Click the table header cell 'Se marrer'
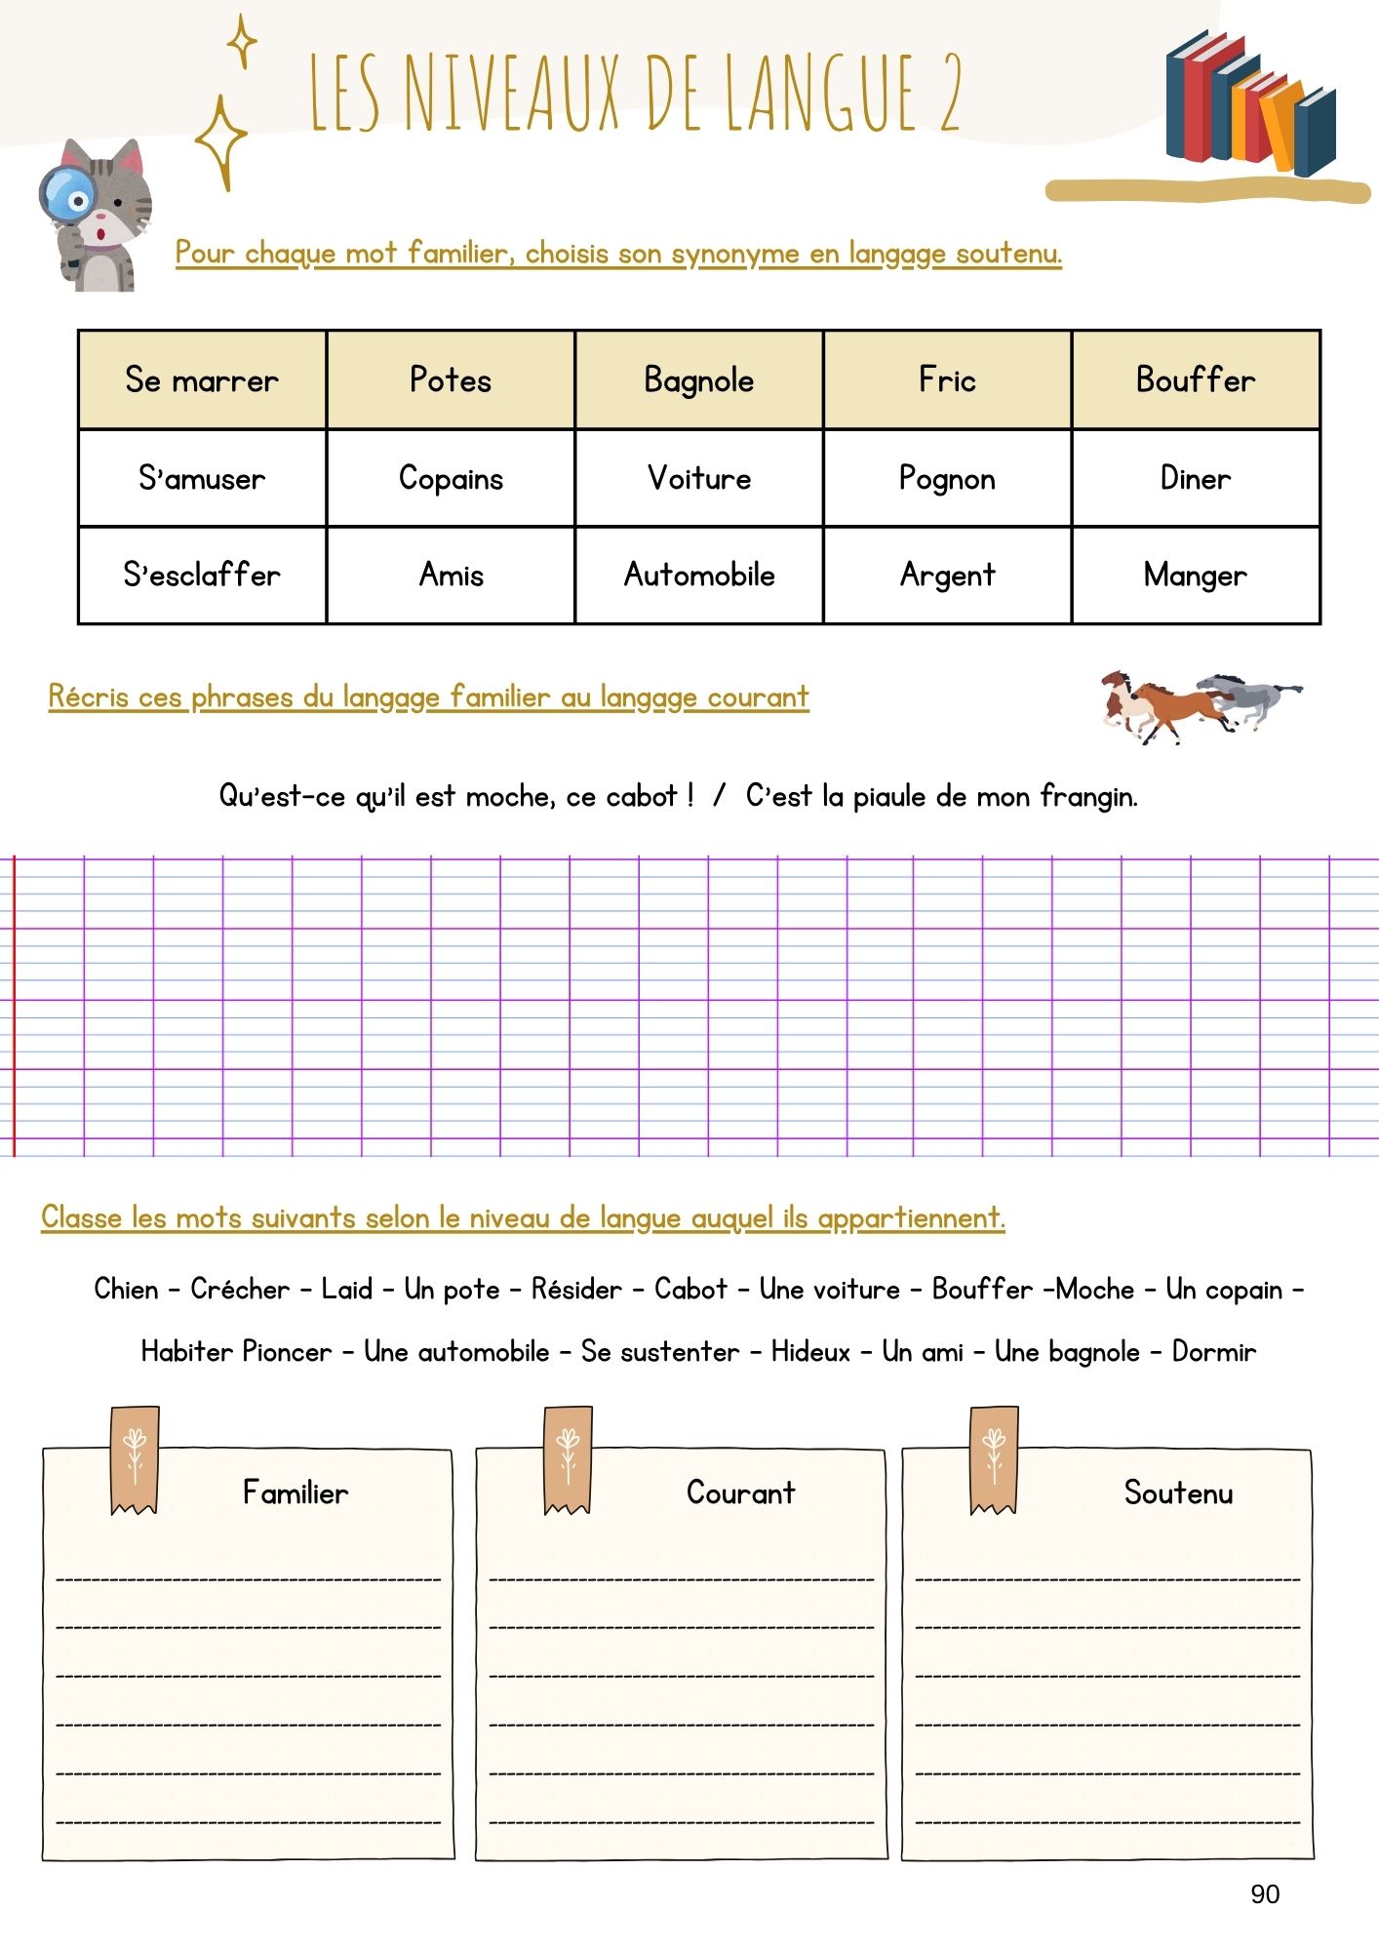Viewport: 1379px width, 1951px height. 202,379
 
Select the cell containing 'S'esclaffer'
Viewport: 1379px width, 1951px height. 202,575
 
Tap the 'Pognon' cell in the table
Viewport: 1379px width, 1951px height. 947,478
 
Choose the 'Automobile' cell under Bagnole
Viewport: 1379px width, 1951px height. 699,575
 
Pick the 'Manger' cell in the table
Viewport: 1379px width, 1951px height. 1195,575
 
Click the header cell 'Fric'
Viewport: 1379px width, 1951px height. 947,379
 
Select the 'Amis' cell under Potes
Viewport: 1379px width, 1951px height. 451,575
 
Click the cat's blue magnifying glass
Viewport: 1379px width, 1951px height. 65,196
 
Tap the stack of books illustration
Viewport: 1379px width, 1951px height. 1250,102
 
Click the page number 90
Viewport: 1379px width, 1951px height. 1265,1893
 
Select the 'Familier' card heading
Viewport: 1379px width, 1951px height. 295,1493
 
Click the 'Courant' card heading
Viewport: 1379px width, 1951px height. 740,1493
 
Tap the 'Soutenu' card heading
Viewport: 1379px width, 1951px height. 1178,1493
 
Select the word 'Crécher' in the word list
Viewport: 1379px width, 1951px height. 240,1289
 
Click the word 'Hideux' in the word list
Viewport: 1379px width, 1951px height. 810,1351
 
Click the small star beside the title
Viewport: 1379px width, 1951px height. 242,42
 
